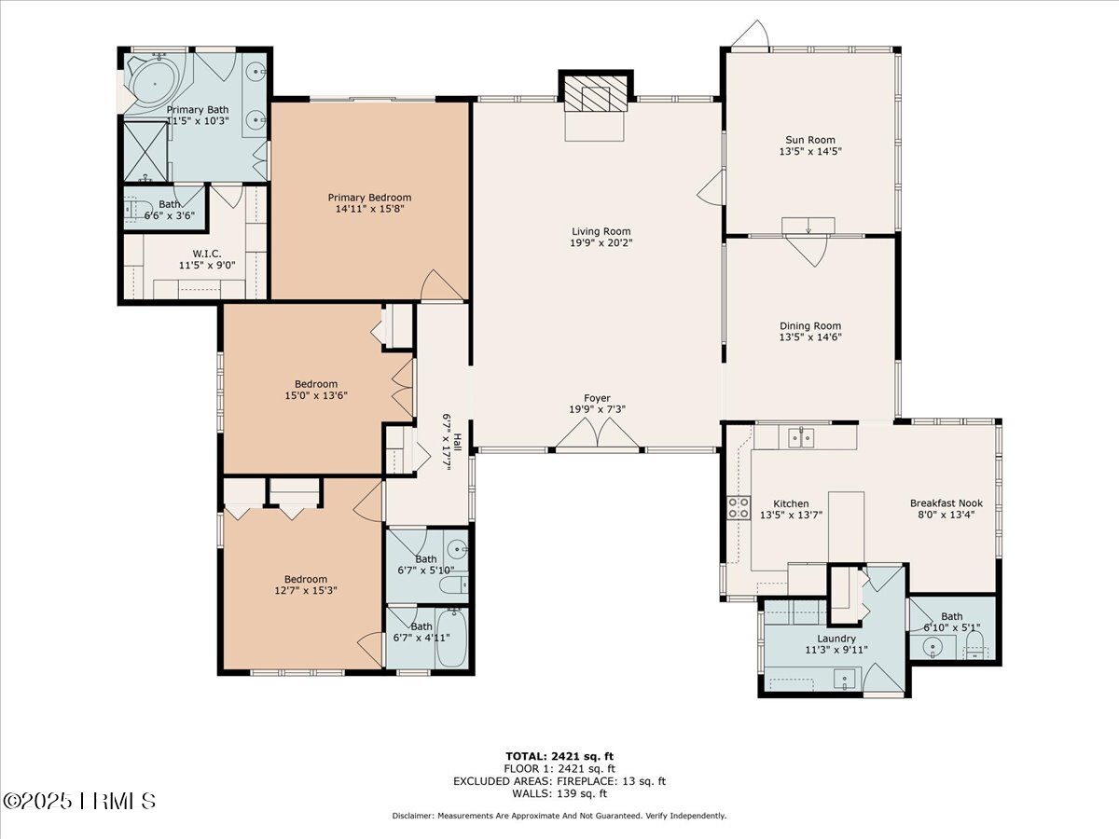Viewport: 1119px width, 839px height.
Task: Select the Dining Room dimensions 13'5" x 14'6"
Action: pyautogui.click(x=810, y=337)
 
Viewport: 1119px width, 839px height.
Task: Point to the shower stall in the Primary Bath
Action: pyautogui.click(x=145, y=149)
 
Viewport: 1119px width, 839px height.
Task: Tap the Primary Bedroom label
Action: pyautogui.click(x=369, y=198)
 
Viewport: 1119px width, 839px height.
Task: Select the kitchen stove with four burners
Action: pyautogui.click(x=739, y=506)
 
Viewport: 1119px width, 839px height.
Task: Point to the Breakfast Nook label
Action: pyautogui.click(x=946, y=503)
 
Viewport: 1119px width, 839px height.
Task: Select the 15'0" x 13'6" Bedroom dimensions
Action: pyautogui.click(x=316, y=396)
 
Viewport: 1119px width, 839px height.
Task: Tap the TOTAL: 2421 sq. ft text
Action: pyautogui.click(x=559, y=756)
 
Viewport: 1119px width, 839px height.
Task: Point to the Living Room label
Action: pyautogui.click(x=601, y=231)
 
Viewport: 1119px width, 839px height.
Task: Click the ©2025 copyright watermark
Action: pyautogui.click(x=80, y=800)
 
